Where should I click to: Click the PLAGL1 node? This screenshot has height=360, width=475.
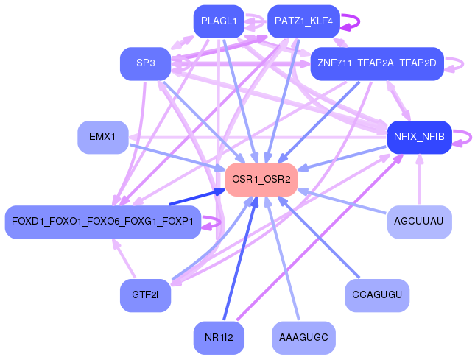click(x=219, y=21)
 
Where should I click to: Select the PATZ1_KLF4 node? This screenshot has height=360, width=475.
click(x=303, y=21)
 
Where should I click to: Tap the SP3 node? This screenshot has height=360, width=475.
click(x=145, y=63)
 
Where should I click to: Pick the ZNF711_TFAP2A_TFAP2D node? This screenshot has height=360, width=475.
click(x=377, y=63)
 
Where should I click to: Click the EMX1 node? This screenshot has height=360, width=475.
click(x=102, y=137)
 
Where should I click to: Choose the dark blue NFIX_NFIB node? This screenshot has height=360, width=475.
click(x=419, y=137)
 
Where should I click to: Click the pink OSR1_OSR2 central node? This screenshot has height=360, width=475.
click(x=261, y=180)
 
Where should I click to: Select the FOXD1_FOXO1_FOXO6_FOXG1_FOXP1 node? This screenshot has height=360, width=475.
click(x=102, y=222)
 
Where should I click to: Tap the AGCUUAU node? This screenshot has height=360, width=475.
click(x=419, y=222)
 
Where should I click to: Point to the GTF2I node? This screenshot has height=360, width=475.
click(x=145, y=295)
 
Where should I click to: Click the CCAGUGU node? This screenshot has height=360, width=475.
click(x=377, y=295)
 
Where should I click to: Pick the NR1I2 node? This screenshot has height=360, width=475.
click(x=219, y=338)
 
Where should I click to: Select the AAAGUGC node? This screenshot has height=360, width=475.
click(x=303, y=338)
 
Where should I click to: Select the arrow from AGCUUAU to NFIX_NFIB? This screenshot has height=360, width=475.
click(x=420, y=179)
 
